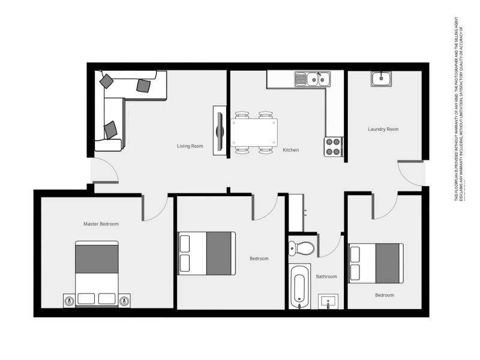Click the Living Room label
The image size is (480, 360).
click(190, 146)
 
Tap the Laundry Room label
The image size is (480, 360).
click(383, 129)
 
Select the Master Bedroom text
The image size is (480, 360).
click(101, 224)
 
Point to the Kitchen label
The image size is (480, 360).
click(290, 150)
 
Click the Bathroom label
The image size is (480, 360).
click(326, 277)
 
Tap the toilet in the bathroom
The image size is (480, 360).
click(300, 247)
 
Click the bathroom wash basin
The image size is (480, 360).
click(328, 301)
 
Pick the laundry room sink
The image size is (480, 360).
click(381, 79)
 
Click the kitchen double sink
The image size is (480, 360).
click(312, 79)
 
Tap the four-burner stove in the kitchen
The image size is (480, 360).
click(333, 146)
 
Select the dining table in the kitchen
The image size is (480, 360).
click(254, 133)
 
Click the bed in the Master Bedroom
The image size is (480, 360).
click(97, 270)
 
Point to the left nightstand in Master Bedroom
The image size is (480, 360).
click(70, 301)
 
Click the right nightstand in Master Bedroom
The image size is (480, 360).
click(124, 301)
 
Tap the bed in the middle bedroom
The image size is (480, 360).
click(207, 253)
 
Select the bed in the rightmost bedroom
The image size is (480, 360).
click(376, 262)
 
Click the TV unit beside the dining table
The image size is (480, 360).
click(220, 131)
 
